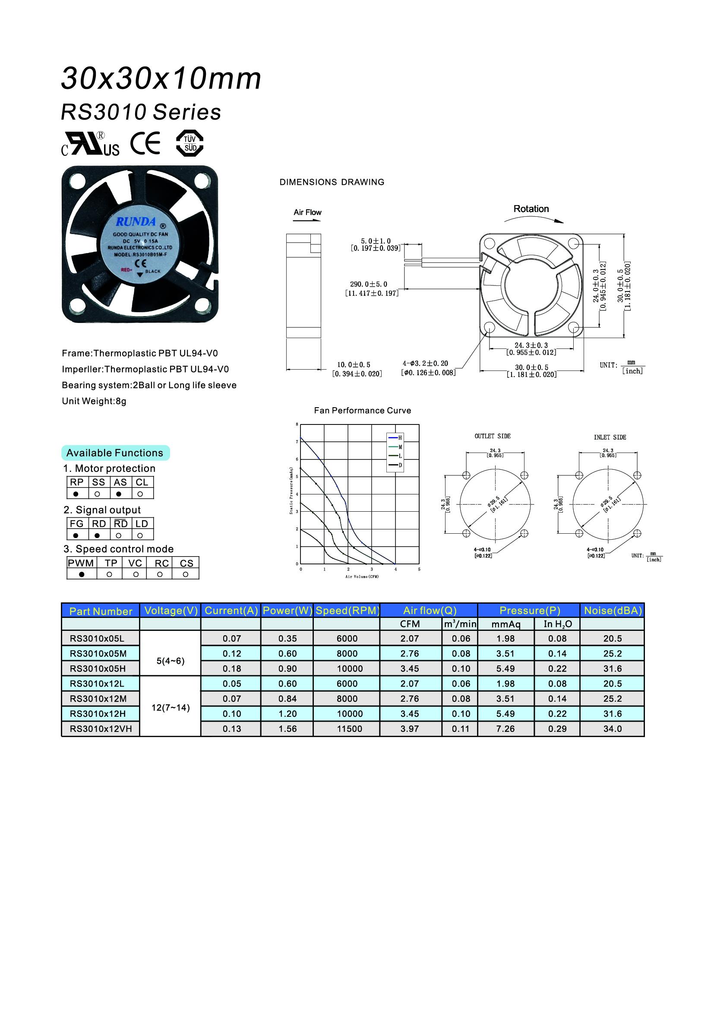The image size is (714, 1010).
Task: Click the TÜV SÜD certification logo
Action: coord(190,143)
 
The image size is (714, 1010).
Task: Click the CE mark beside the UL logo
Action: coord(145,143)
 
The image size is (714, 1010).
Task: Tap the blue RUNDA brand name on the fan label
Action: coord(136,222)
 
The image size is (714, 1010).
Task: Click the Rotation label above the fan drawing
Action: coord(531,209)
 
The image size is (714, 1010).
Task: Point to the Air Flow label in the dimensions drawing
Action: coord(307,212)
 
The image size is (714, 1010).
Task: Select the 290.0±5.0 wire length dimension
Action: coord(368,285)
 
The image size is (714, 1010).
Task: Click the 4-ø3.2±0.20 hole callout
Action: coord(425,364)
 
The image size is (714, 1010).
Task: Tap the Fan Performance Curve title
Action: coord(362,410)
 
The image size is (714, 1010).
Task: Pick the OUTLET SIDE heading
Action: coord(493,437)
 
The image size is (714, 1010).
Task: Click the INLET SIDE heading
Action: coord(610,437)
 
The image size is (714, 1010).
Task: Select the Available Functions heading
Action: coord(115,453)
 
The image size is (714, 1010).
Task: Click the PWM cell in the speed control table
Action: coord(81,563)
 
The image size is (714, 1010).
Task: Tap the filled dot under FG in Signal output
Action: coord(76,536)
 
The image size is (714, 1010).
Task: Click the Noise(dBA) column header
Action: coord(613,611)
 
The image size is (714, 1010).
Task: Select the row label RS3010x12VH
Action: coord(101,729)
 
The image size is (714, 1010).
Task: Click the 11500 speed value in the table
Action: coord(350,729)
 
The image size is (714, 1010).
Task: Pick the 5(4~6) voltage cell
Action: coord(171,661)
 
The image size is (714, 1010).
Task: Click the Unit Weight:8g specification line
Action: coord(94,401)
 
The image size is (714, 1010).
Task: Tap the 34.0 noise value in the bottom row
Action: coord(613,729)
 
